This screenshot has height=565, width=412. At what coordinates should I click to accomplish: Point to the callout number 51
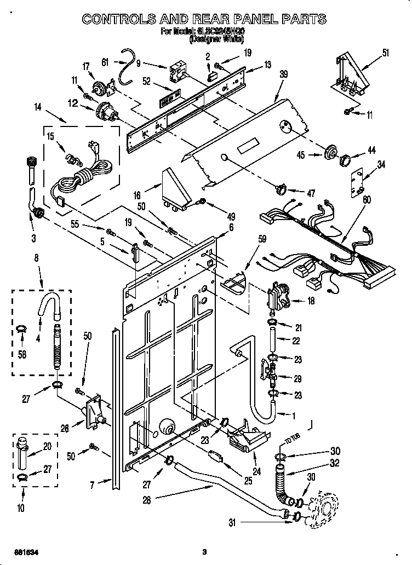386,53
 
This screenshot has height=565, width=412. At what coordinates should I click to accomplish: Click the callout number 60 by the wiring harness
366,200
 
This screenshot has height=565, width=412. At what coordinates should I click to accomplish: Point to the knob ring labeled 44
345,160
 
